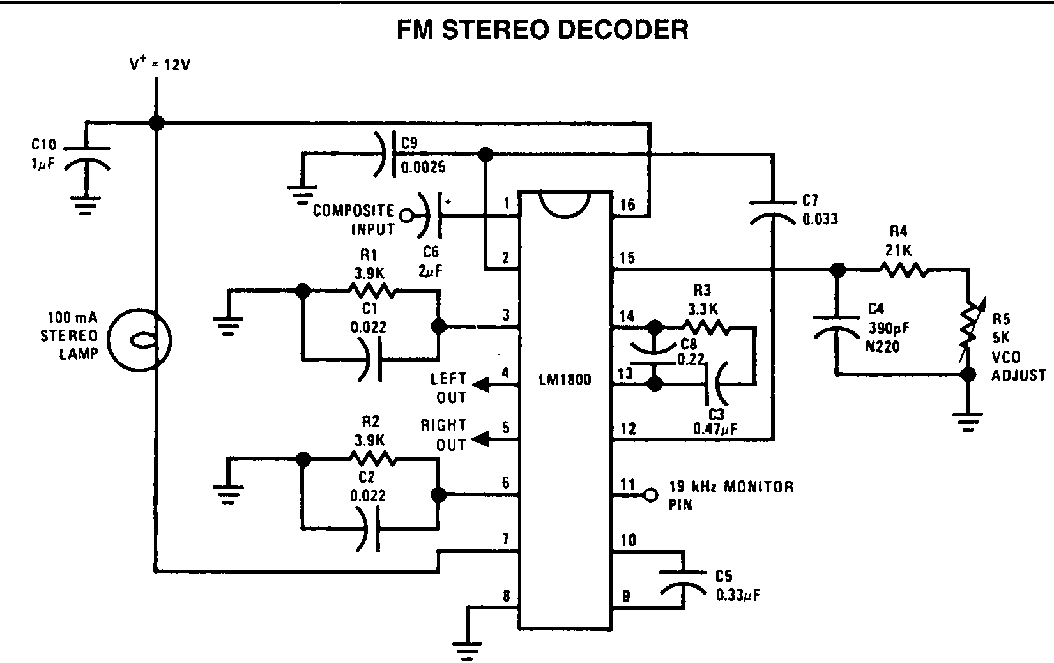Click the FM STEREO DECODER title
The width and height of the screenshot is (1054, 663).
(x=542, y=30)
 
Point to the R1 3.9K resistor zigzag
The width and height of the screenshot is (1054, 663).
(x=372, y=291)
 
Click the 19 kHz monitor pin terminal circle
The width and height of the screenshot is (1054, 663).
(x=650, y=494)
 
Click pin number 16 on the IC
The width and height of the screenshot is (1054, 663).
(x=627, y=204)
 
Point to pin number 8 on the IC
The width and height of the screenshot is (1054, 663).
(x=507, y=597)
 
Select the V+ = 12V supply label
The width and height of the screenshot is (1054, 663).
(x=160, y=65)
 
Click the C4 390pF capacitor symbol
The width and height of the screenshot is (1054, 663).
(x=837, y=323)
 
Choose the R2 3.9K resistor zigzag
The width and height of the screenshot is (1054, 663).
(x=372, y=459)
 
